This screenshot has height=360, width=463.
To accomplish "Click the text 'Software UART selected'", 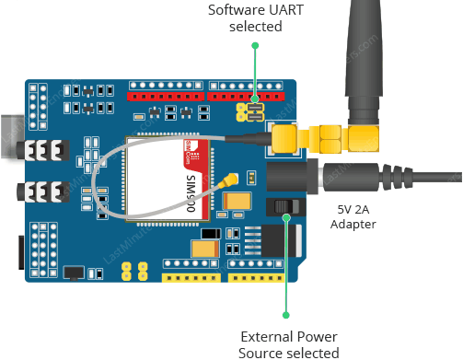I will point(256,18).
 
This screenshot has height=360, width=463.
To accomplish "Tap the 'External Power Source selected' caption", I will point(289,343).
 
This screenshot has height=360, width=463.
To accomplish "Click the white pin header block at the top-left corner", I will point(38,106).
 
